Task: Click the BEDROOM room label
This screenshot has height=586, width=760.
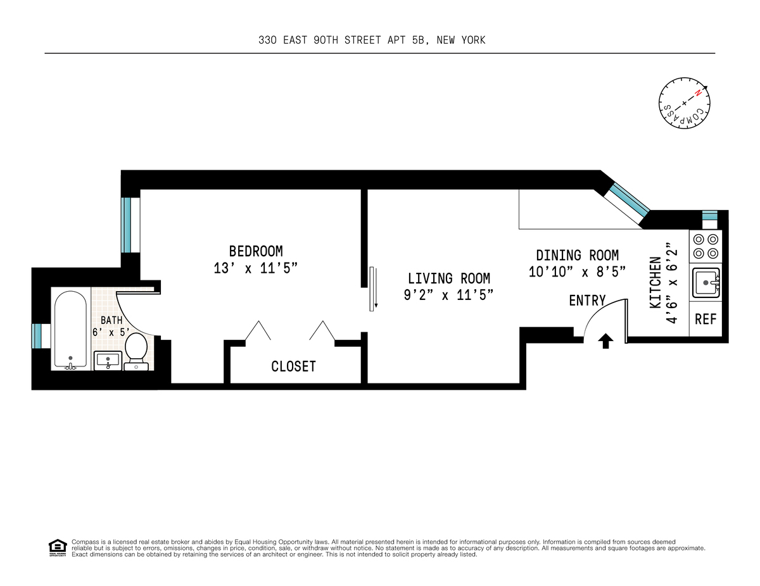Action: tap(256, 251)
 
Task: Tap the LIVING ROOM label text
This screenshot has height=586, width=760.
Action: tap(448, 278)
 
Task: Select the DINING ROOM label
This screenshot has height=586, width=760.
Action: tap(577, 255)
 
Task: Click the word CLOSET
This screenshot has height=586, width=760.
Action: tap(293, 366)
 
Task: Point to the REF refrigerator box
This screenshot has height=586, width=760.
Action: tap(706, 319)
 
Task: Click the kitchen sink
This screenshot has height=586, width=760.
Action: tap(706, 282)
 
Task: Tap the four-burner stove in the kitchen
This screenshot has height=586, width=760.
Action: tap(706, 246)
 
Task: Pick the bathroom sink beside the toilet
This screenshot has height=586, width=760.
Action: tap(108, 361)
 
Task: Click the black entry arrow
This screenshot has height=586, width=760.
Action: tap(605, 342)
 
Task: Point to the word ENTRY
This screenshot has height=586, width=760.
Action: tap(587, 301)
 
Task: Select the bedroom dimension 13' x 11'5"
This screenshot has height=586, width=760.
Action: tap(256, 268)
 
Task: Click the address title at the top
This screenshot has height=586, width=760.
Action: tap(372, 40)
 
